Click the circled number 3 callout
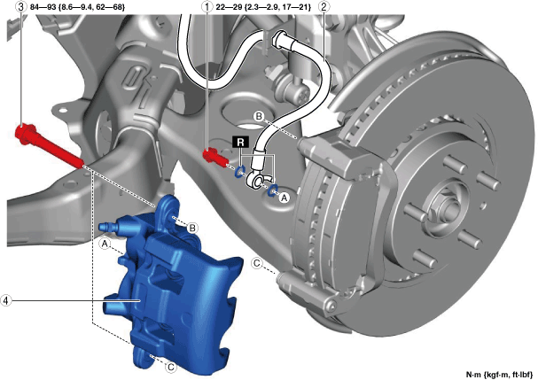(21, 6)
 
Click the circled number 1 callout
(207, 6)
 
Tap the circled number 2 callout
(324, 6)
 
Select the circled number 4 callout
(6, 300)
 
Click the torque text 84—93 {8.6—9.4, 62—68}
(77, 6)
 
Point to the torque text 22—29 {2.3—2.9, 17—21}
(263, 6)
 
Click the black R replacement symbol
(240, 142)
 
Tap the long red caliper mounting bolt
(49, 147)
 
